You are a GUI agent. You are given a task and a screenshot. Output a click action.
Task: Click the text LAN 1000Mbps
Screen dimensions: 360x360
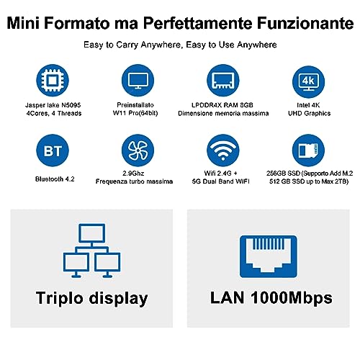[268, 298]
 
